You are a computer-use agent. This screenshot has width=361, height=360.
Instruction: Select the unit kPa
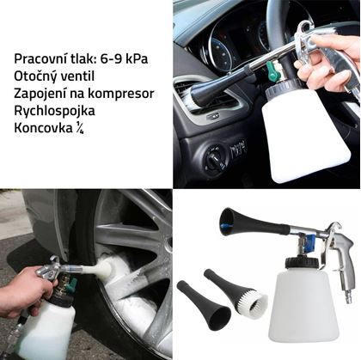[138, 59]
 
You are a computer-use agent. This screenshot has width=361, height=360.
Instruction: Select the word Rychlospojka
[54, 112]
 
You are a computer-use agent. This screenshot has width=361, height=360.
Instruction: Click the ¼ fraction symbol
[80, 129]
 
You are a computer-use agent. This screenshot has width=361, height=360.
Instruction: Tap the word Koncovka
[43, 129]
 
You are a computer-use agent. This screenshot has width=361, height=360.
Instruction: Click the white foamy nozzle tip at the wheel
[104, 267]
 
